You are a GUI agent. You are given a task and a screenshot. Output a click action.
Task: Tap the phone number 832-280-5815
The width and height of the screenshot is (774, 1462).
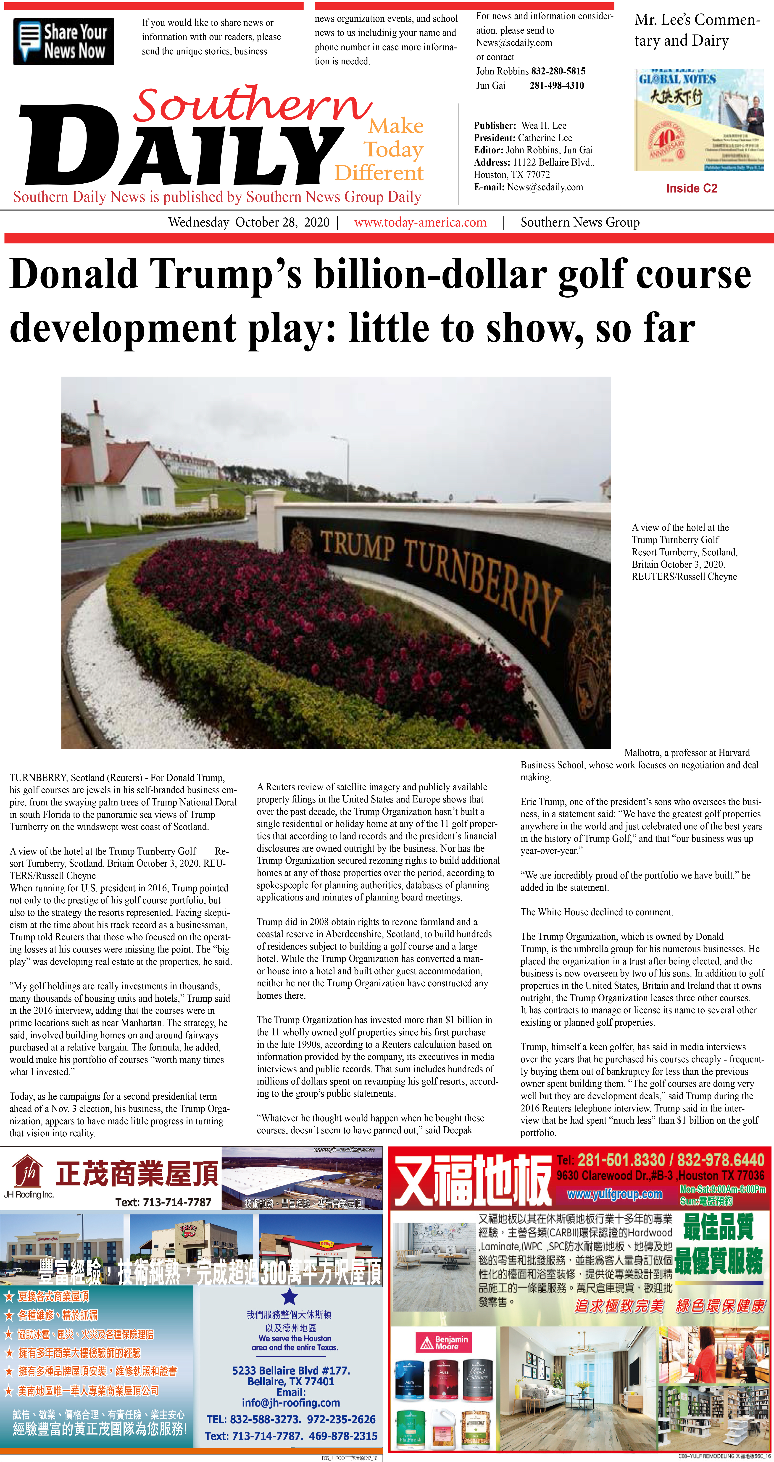558,71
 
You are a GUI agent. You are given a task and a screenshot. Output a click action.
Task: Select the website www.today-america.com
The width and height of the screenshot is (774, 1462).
421,222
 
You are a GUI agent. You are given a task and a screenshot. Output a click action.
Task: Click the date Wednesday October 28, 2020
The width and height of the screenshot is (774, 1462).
249,222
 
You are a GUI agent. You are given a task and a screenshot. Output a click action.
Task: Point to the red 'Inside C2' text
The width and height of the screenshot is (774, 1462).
692,188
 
